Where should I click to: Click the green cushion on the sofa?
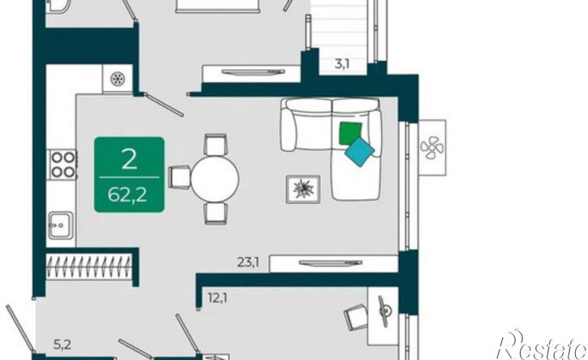point(350,133)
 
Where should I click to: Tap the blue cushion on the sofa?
point(359,152)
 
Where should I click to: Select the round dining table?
point(214,178)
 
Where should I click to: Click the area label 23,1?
point(248,262)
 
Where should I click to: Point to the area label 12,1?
point(217,298)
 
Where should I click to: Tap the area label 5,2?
point(62,345)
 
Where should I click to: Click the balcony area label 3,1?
point(341,64)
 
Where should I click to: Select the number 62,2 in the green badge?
point(127,195)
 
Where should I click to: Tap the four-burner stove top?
point(62,165)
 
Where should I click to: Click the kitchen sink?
point(60,225)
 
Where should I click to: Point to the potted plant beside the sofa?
point(303,189)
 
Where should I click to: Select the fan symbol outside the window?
point(432,148)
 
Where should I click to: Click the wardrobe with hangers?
point(89,266)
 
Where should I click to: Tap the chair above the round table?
point(215,144)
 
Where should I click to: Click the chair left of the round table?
point(179,177)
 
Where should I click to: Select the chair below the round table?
point(215,213)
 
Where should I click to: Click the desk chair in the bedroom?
point(356,317)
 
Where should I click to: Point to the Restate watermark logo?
point(542,345)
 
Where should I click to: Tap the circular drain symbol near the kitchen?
point(118,79)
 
